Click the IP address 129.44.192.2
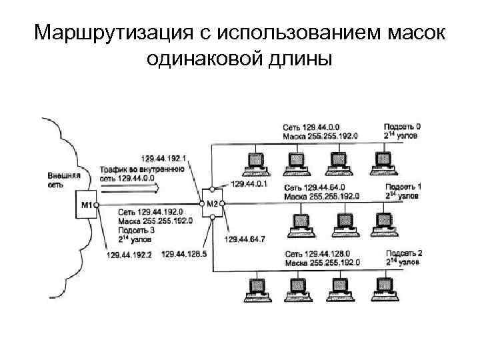tap(129, 254)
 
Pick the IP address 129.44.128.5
tap(184, 254)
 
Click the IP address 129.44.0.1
tap(249, 183)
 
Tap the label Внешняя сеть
tap(64, 180)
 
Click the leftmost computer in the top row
tap(254, 161)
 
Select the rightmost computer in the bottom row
tap(383, 287)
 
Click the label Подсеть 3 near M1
tap(137, 229)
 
